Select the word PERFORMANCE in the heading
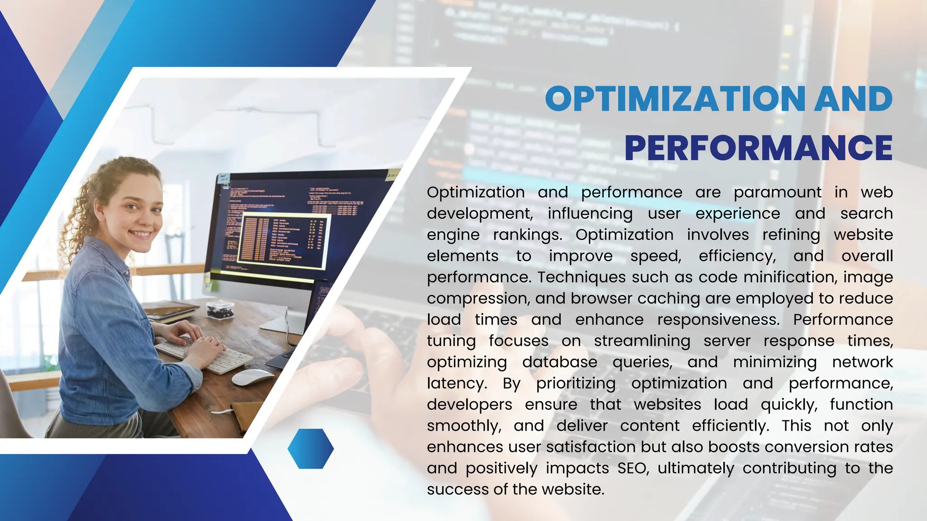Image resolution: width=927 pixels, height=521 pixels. (x=758, y=148)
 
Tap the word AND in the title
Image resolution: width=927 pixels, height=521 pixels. (x=853, y=99)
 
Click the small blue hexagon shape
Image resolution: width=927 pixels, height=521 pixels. (x=311, y=449)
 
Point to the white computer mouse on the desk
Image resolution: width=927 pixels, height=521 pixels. (x=252, y=377)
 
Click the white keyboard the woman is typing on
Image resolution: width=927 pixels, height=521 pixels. (x=204, y=355)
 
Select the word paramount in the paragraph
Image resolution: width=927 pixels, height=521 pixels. (x=777, y=193)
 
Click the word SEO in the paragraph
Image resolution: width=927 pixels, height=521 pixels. (x=633, y=468)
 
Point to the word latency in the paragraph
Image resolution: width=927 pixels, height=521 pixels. (x=456, y=384)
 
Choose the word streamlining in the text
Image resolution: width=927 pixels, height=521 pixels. (x=642, y=341)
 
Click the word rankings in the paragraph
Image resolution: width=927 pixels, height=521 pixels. (x=527, y=235)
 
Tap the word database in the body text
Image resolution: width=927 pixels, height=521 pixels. (x=559, y=362)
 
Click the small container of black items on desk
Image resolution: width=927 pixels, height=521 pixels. (x=220, y=309)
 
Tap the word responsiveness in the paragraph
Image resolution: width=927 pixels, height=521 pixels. (x=718, y=320)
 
